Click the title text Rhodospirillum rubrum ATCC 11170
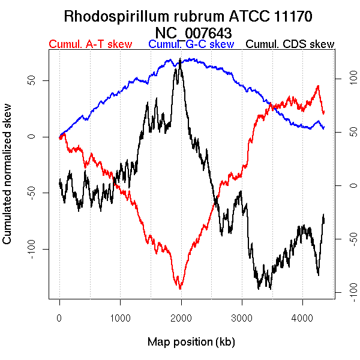(188, 16)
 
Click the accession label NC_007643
(193, 32)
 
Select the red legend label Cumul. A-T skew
(90, 44)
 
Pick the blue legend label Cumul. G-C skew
(191, 44)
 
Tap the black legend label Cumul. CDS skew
(290, 44)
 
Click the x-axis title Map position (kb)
(191, 342)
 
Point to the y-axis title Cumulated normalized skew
(8, 181)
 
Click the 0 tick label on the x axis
(59, 319)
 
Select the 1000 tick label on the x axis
(120, 319)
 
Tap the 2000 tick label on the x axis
(181, 319)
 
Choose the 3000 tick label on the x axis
(241, 319)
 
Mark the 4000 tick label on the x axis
(302, 319)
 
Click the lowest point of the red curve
(179, 289)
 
